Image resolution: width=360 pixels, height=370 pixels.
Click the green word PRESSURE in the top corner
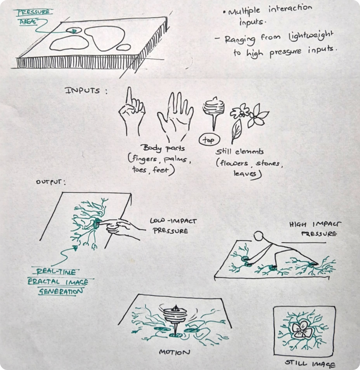click(34, 12)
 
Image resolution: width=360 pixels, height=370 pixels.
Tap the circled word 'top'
click(209, 140)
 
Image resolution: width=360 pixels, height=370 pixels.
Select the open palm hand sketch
click(176, 116)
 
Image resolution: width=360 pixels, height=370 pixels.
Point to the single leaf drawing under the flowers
click(237, 131)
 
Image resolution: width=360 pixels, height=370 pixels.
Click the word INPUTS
click(82, 91)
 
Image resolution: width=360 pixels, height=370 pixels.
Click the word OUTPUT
click(49, 182)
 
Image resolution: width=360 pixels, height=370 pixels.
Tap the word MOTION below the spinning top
click(174, 352)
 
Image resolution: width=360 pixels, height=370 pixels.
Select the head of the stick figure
click(259, 236)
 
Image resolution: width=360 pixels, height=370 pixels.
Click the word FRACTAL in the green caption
click(44, 282)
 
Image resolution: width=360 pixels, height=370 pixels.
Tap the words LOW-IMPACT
click(173, 221)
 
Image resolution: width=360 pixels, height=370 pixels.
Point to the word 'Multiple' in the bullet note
click(244, 12)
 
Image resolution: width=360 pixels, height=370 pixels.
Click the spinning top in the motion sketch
click(176, 319)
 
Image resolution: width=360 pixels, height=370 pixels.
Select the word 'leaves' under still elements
click(247, 174)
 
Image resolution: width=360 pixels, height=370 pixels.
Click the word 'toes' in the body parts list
click(140, 169)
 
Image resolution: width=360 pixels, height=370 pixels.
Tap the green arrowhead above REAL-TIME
click(75, 248)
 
